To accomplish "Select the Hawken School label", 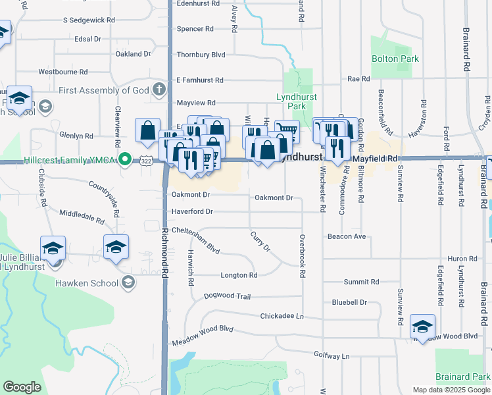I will pos(91,283).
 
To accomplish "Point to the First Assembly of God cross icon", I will pos(159,89).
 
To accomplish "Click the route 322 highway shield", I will pos(146,161).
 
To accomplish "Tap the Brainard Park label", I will pos(463,377).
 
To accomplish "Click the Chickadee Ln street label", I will pos(282,316).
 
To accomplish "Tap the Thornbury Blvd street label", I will pos(201,55).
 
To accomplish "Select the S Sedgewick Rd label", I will pos(89,20).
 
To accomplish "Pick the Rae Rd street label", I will pos(358,79).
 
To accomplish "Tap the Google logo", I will pos(22,387).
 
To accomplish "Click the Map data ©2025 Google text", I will pos(451,390).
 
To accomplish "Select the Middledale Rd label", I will pos(82,217).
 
